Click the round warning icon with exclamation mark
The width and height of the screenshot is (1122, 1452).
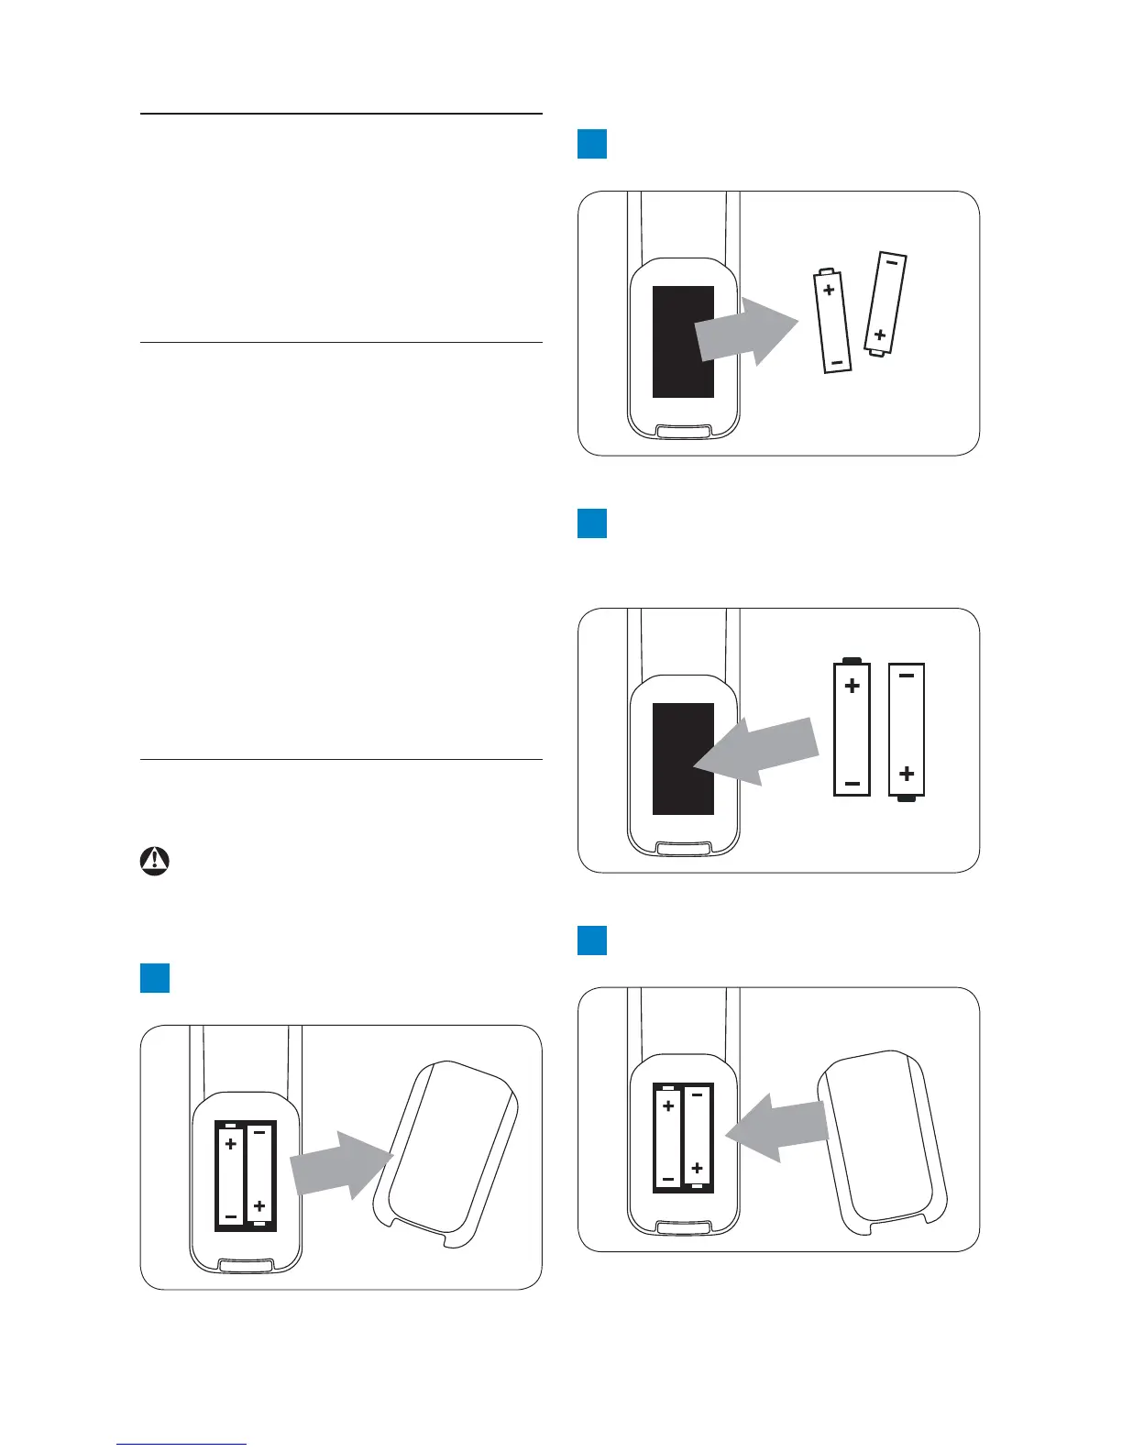click(155, 861)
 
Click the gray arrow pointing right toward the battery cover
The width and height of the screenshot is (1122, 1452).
click(340, 1166)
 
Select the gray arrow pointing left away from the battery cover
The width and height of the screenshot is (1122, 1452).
click(777, 1127)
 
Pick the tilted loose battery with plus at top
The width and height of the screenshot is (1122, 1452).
click(833, 321)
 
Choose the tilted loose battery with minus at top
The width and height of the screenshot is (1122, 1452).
click(885, 302)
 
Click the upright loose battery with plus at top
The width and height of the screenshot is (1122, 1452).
click(852, 728)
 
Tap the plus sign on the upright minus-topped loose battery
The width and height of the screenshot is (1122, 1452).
click(907, 774)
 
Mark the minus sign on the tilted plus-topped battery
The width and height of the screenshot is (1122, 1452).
click(836, 363)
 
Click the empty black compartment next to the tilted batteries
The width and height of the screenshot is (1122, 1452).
click(683, 341)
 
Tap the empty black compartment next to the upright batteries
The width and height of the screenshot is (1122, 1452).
click(683, 758)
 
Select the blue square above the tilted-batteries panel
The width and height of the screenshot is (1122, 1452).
click(592, 144)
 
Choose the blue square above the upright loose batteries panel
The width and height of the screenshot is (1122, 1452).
click(592, 522)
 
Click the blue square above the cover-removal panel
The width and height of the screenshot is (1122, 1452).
click(155, 978)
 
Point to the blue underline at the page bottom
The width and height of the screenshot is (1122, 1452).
click(181, 1444)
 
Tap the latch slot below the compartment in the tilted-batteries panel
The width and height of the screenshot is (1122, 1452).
click(684, 430)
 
